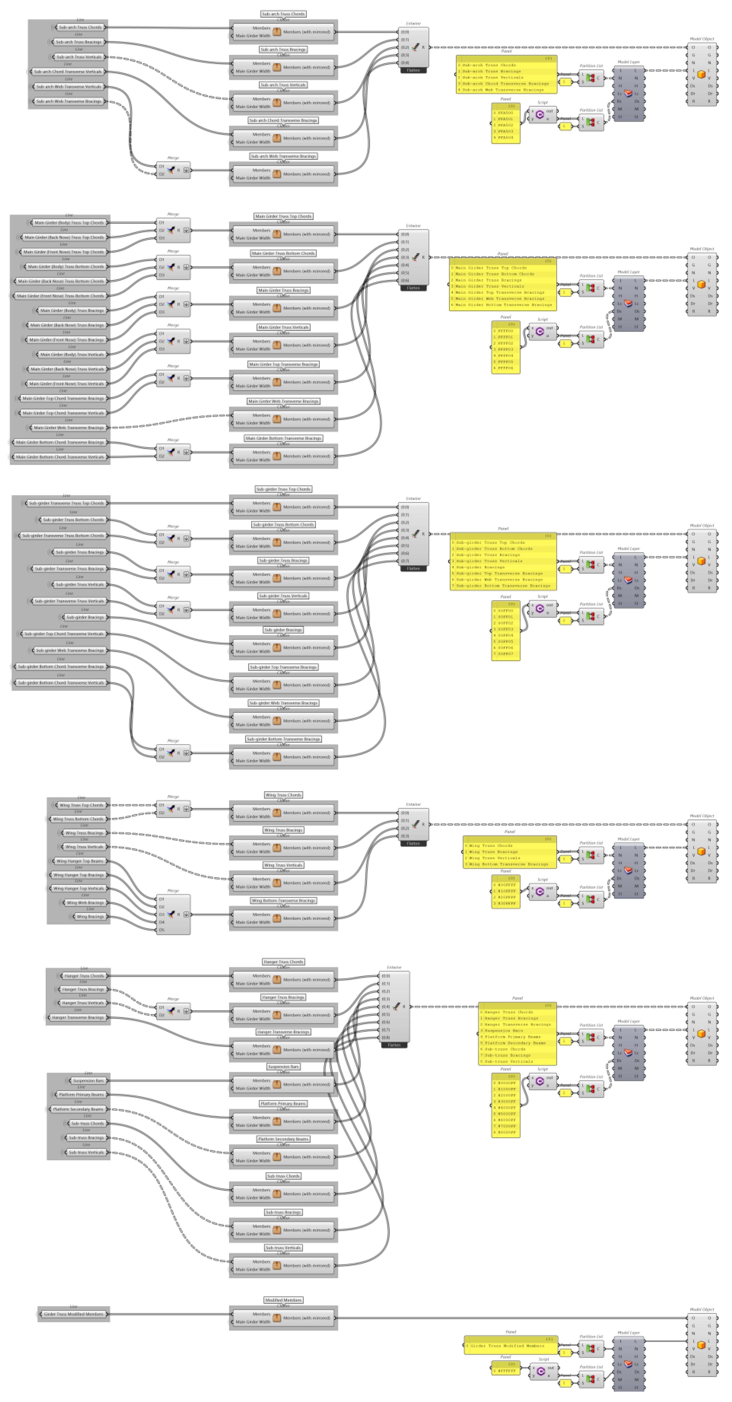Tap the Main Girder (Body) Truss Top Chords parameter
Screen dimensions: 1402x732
click(69, 222)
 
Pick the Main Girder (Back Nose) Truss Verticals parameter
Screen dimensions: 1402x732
click(67, 369)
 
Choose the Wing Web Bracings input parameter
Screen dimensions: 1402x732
click(85, 902)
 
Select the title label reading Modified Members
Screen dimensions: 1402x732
click(283, 1300)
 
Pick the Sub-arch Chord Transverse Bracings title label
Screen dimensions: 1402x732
click(283, 120)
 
